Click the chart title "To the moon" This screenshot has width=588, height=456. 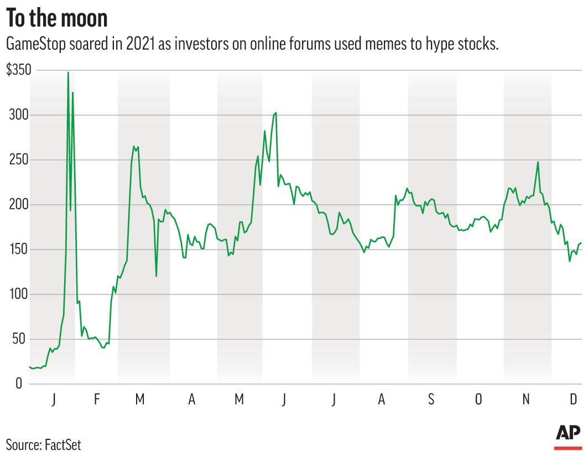pyautogui.click(x=56, y=18)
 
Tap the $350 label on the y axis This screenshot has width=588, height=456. pyautogui.click(x=18, y=70)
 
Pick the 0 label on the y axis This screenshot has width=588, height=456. pyautogui.click(x=18, y=384)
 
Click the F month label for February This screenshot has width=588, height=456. pyautogui.click(x=96, y=400)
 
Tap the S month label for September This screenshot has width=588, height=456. pyautogui.click(x=431, y=400)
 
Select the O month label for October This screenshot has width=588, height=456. pyautogui.click(x=478, y=400)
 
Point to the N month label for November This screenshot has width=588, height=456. pyautogui.click(x=527, y=400)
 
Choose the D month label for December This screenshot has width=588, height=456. pyautogui.click(x=574, y=400)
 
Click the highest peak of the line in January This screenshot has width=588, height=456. pyautogui.click(x=68, y=72)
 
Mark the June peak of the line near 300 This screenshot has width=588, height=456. pyautogui.click(x=275, y=113)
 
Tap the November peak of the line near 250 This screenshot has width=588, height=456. pyautogui.click(x=538, y=162)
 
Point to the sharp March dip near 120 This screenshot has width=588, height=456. pyautogui.click(x=156, y=276)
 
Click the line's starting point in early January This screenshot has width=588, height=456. pyautogui.click(x=30, y=367)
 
